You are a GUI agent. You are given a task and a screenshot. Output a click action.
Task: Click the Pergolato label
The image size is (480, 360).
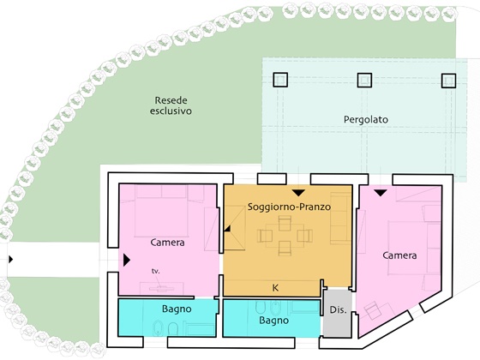click(366, 119)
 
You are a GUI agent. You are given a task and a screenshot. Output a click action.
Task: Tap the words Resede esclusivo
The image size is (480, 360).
click(171, 105)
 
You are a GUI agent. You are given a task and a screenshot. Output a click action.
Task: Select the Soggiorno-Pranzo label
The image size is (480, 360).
click(289, 207)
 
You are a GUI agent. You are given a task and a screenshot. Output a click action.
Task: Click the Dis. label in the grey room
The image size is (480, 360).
click(339, 309)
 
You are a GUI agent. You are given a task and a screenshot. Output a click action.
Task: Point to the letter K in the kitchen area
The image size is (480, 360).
click(275, 288)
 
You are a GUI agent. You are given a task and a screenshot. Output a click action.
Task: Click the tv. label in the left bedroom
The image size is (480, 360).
click(156, 271)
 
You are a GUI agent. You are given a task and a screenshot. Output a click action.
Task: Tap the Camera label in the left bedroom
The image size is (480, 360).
click(167, 243)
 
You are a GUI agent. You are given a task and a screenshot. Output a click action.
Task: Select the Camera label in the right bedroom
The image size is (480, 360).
click(399, 255)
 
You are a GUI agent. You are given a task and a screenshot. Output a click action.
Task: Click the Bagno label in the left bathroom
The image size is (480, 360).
click(177, 309)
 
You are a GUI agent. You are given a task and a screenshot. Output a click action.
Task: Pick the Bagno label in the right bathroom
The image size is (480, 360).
click(274, 321)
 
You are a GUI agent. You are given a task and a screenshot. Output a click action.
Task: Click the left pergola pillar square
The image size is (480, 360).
click(280, 80)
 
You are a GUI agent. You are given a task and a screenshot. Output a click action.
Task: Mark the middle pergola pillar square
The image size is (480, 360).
click(364, 81)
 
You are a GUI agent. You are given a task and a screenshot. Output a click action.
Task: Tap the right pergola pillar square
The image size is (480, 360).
click(448, 81)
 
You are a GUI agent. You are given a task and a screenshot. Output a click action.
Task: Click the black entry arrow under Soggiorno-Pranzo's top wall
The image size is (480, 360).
click(298, 193)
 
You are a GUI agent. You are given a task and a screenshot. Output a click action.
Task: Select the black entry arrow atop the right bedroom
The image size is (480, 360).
click(381, 193)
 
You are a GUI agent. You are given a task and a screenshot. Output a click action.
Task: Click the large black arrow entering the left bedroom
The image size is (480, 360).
click(127, 261)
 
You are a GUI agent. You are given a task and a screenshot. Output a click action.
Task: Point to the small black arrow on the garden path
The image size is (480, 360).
click(11, 260)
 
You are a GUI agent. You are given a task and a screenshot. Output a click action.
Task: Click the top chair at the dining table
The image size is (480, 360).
click(285, 223)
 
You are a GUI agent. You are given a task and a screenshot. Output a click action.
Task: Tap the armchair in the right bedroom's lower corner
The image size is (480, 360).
click(373, 310)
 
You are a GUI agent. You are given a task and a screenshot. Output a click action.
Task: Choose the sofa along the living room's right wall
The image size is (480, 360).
click(339, 219)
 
